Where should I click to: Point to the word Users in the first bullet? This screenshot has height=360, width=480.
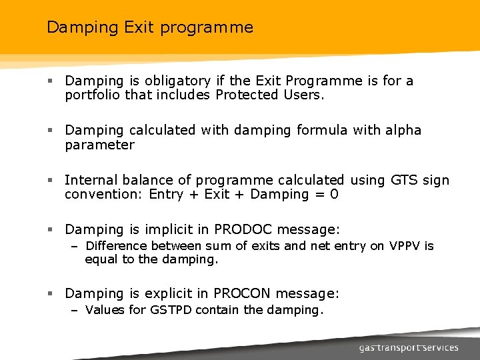(303, 95)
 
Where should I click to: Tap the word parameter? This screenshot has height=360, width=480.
(99, 145)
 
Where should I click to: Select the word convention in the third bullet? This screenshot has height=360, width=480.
(103, 195)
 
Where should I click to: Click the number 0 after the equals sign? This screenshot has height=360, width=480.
(334, 195)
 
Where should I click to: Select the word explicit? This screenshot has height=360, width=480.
(167, 294)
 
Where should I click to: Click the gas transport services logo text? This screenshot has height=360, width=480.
(408, 347)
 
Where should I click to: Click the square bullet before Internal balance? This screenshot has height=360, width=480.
(51, 181)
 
